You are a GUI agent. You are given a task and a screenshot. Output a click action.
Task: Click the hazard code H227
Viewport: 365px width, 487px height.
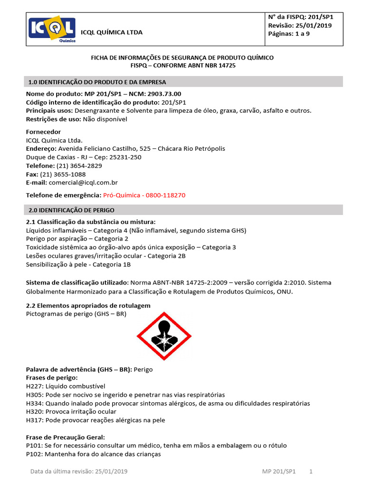[34, 386]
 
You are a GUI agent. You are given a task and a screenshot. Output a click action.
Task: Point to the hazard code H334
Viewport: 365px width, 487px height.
[34, 403]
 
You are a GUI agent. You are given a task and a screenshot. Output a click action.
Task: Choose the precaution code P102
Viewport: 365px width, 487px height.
[34, 454]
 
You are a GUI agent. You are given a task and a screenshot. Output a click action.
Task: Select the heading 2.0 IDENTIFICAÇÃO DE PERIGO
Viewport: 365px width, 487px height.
[71, 210]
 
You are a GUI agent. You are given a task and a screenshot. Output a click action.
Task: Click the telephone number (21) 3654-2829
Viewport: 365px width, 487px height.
[79, 166]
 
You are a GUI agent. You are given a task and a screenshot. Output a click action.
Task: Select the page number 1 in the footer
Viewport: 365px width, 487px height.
[311, 471]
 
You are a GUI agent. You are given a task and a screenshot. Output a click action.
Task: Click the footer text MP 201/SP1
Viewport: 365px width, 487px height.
[279, 471]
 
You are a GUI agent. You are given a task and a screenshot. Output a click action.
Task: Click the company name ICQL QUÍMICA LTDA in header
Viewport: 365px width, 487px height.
[112, 32]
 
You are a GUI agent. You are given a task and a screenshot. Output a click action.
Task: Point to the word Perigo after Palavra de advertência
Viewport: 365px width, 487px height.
[144, 369]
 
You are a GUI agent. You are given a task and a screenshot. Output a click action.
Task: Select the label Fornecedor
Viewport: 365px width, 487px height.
[43, 132]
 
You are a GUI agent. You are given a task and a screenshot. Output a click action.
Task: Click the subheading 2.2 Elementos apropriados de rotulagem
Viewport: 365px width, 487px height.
[88, 305]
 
